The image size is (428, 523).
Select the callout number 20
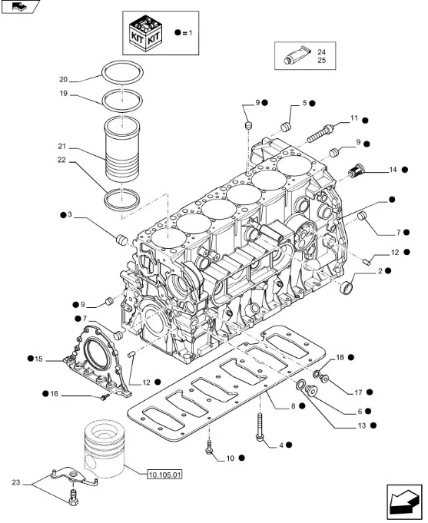pyautogui.click(x=64, y=79)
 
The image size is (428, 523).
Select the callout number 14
pyautogui.click(x=393, y=170)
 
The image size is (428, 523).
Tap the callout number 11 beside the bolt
pyautogui.click(x=354, y=118)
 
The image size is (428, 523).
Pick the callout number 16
pyautogui.click(x=54, y=394)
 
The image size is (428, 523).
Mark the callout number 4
pyautogui.click(x=281, y=445)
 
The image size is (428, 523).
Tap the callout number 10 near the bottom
pyautogui.click(x=229, y=458)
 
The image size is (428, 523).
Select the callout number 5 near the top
pyautogui.click(x=304, y=103)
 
